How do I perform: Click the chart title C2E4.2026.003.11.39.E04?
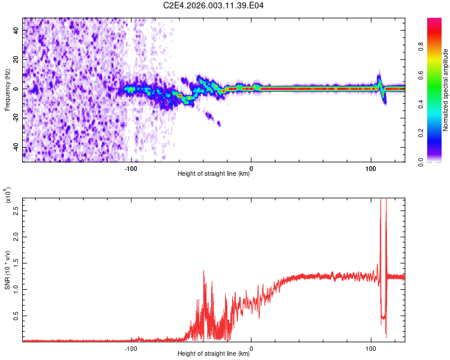(x=214, y=6)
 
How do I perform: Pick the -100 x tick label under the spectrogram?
(x=131, y=168)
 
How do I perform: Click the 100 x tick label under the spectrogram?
(x=371, y=168)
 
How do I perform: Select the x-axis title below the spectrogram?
(x=214, y=174)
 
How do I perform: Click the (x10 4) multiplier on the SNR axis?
(x=8, y=195)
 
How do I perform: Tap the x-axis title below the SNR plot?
(x=214, y=354)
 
